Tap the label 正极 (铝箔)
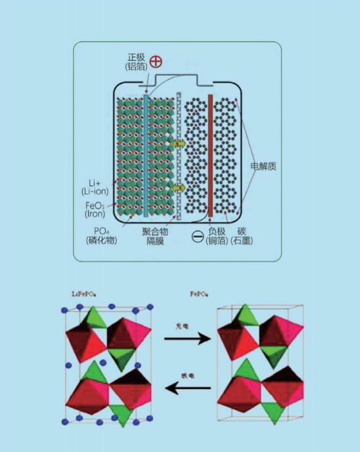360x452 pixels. [134, 62]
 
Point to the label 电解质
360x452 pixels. [263, 166]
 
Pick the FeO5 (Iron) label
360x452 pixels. [96, 209]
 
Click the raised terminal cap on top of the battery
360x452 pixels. [177, 79]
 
